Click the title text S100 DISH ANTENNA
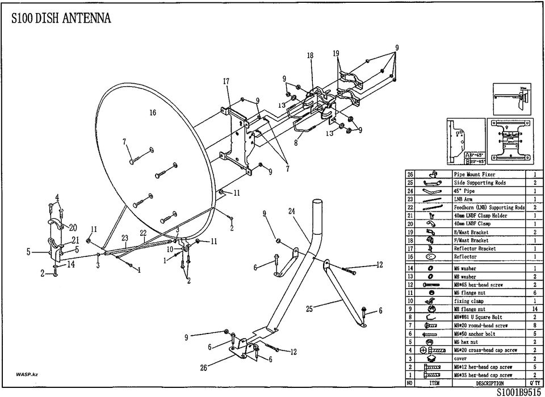(61, 18)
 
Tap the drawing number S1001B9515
(519, 392)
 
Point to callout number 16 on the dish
(153, 113)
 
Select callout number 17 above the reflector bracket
(226, 82)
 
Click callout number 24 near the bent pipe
(291, 212)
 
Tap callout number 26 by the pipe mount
(204, 368)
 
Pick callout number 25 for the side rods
(309, 309)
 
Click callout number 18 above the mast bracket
(311, 56)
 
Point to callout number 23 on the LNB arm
(124, 238)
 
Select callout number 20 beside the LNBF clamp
(73, 228)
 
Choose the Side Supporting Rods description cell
(480, 183)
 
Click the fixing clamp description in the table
(469, 301)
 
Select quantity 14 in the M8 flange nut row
(534, 309)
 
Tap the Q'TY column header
(534, 383)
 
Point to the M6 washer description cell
(465, 268)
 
